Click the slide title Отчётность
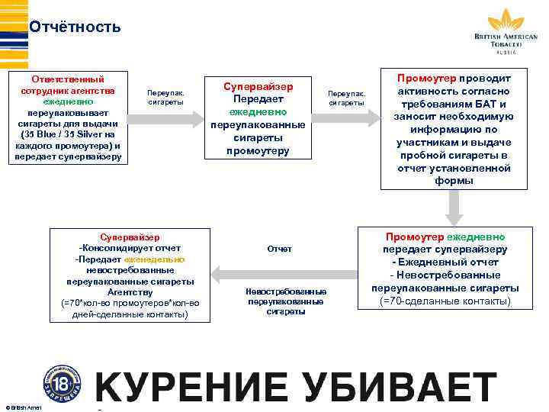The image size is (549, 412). pyautogui.click(x=75, y=27)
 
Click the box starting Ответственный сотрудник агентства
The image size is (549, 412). pyautogui.click(x=68, y=117)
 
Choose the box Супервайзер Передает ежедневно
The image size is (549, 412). pyautogui.click(x=258, y=117)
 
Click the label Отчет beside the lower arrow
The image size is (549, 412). pyautogui.click(x=279, y=249)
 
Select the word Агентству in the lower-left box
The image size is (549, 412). pyautogui.click(x=130, y=291)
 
